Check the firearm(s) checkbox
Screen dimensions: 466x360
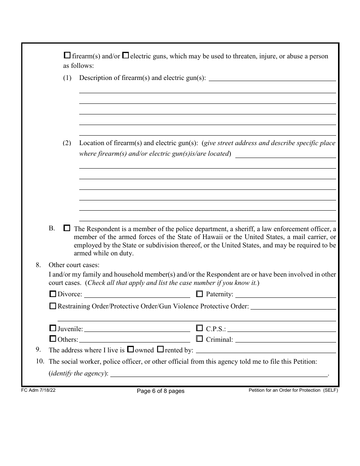click(67, 55)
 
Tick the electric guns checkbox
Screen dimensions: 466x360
click(125, 55)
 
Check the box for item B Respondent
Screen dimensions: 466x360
click(67, 228)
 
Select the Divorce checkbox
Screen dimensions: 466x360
click(53, 294)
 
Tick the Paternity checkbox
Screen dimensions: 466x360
click(199, 294)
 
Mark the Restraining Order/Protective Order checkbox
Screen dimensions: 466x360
click(53, 306)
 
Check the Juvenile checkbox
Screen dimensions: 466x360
click(53, 328)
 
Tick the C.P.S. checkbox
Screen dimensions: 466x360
click(199, 328)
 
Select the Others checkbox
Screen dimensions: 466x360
click(53, 339)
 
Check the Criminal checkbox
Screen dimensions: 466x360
click(199, 339)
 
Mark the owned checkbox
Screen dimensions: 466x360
click(130, 349)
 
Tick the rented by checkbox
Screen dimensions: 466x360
click(160, 349)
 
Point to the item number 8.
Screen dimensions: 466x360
click(38, 265)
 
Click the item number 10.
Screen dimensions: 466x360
click(40, 361)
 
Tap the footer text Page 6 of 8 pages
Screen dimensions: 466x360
click(160, 391)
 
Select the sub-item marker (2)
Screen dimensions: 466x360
click(67, 143)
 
